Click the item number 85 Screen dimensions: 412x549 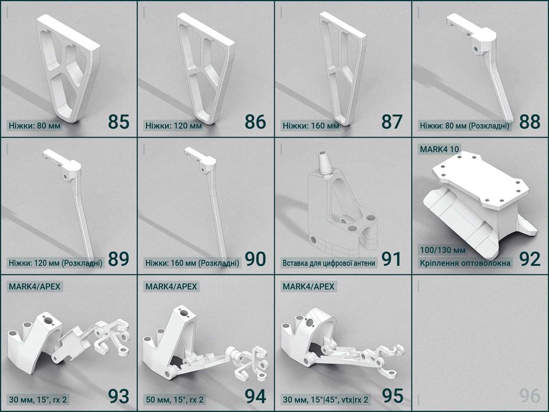(118, 122)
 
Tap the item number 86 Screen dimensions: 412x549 (255, 122)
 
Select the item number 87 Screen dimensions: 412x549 (392, 122)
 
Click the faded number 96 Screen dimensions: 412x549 (530, 396)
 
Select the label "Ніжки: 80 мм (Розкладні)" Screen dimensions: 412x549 (465, 125)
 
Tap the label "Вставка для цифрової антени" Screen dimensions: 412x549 (328, 263)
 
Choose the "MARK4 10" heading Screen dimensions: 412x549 (439, 149)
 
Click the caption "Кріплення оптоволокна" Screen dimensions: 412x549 (465, 263)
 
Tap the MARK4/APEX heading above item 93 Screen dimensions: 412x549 (35, 287)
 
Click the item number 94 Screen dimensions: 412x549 (255, 396)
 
